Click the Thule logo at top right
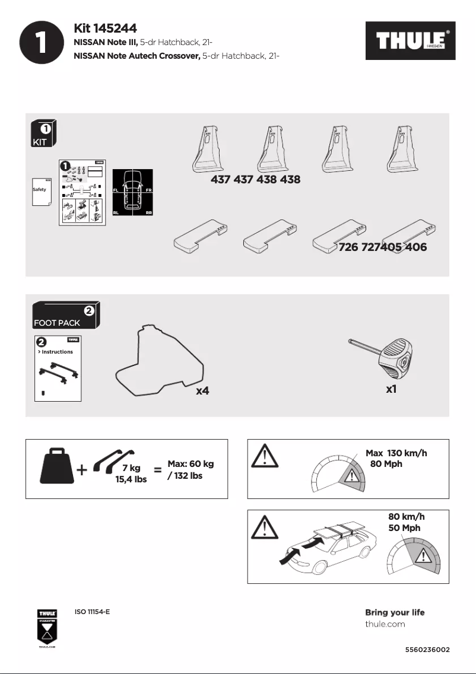[x=410, y=42]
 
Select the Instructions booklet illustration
[x=58, y=368]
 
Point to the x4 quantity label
[x=203, y=391]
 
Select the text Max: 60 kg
[x=191, y=463]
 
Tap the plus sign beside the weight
[x=82, y=470]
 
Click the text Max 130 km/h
[x=396, y=453]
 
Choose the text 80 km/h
[x=407, y=517]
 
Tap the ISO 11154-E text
[x=92, y=612]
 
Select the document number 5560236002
[x=427, y=650]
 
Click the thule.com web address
[x=385, y=624]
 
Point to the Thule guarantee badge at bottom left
[x=47, y=629]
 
